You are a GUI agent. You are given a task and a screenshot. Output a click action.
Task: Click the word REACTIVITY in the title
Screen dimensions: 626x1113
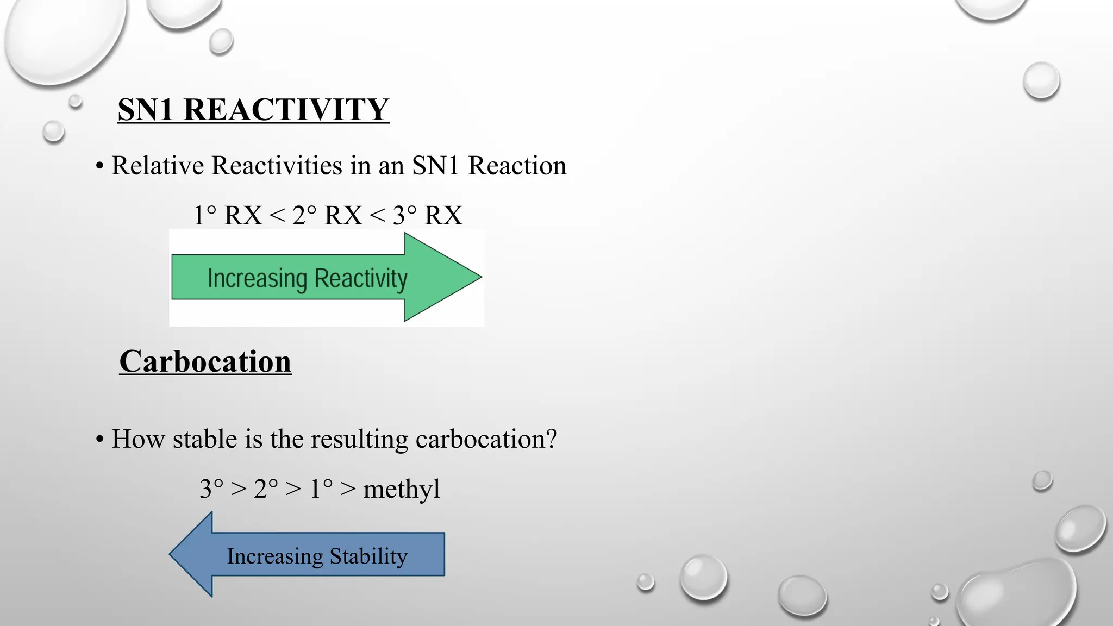click(x=286, y=110)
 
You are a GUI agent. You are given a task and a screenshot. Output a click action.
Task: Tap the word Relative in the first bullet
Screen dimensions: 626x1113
click(x=158, y=166)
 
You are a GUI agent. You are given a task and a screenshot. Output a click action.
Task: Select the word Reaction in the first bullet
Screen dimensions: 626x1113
click(x=517, y=166)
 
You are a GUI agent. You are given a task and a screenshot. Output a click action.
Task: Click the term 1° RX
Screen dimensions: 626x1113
click(x=228, y=216)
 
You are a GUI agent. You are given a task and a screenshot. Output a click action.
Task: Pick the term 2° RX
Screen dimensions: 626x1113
click(x=327, y=216)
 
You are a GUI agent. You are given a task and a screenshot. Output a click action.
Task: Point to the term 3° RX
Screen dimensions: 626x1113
click(x=428, y=216)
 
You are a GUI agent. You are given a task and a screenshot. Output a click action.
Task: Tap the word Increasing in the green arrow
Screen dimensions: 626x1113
click(x=257, y=279)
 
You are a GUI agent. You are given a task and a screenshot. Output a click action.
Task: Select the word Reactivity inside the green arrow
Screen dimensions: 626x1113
click(x=361, y=279)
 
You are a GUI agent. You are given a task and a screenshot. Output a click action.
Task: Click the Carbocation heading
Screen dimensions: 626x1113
click(x=205, y=362)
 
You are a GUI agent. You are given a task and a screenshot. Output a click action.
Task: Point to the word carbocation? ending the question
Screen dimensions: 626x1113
click(x=486, y=439)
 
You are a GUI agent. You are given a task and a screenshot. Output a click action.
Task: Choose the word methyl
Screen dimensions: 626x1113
click(x=401, y=489)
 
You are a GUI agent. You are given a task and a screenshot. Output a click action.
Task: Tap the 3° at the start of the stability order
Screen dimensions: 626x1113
click(x=211, y=489)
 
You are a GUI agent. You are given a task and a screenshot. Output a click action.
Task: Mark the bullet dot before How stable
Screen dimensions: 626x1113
click(x=99, y=440)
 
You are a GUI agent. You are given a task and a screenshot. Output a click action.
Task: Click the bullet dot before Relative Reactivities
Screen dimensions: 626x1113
click(x=99, y=166)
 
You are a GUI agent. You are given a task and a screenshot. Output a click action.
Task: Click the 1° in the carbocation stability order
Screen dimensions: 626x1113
click(x=321, y=489)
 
